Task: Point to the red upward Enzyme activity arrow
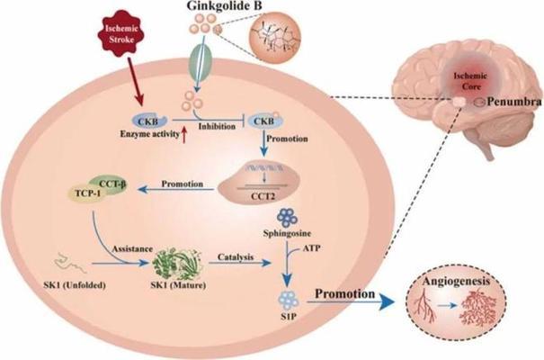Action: click(x=184, y=135)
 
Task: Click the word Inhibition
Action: click(x=217, y=126)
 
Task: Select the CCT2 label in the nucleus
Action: click(x=263, y=196)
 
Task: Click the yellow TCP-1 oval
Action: click(x=86, y=193)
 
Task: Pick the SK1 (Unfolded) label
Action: click(x=75, y=285)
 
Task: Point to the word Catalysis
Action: click(x=236, y=257)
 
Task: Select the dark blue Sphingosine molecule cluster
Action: click(x=287, y=218)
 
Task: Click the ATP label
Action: click(x=311, y=248)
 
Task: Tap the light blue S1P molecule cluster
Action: click(x=289, y=301)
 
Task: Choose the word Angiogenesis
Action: click(x=456, y=281)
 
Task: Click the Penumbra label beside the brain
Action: click(x=513, y=102)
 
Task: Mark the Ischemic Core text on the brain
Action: click(x=471, y=81)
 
